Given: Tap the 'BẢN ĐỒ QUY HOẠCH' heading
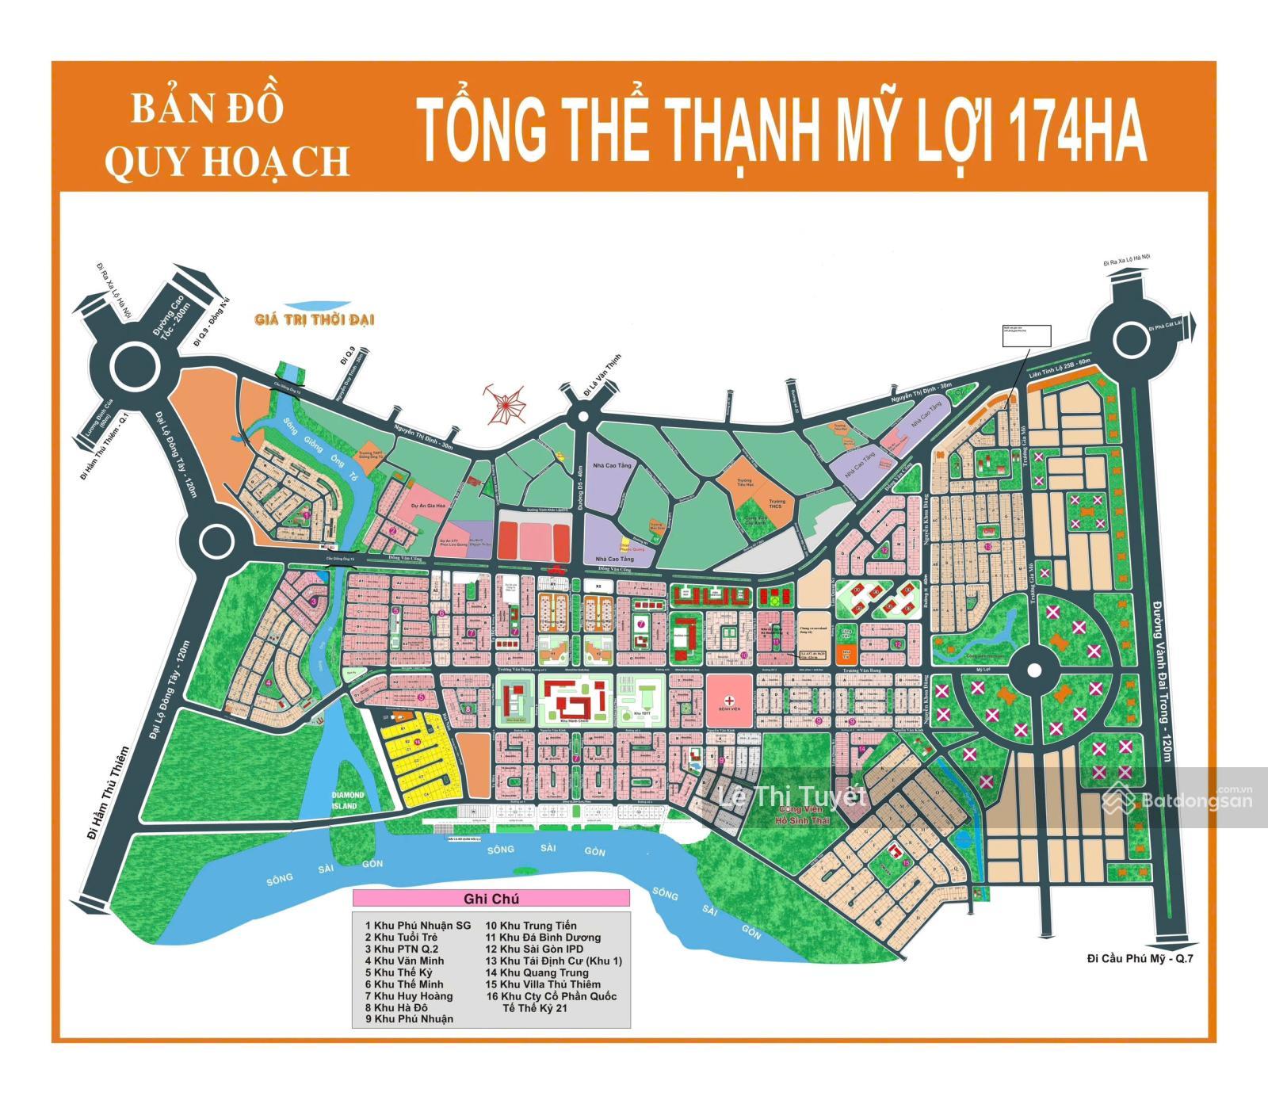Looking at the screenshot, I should [227, 136].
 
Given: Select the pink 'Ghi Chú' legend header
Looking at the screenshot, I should [491, 899].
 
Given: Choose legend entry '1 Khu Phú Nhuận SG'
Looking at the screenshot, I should [418, 925].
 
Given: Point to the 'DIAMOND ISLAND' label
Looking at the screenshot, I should [347, 800].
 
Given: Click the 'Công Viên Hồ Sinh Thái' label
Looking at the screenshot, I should [803, 815].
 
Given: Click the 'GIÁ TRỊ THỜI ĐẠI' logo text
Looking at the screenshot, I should [314, 319].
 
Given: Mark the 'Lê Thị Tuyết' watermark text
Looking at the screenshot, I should [790, 795].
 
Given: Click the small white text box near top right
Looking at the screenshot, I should [1025, 335].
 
